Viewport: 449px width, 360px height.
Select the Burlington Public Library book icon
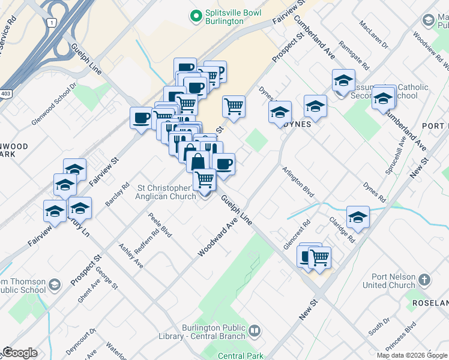(255, 331)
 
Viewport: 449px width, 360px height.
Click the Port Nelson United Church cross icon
(424, 280)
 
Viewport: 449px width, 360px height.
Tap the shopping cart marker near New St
(319, 257)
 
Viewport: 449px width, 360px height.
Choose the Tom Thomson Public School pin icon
(55, 284)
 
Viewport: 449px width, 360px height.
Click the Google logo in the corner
(20, 353)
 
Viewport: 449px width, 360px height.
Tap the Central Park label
(241, 356)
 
